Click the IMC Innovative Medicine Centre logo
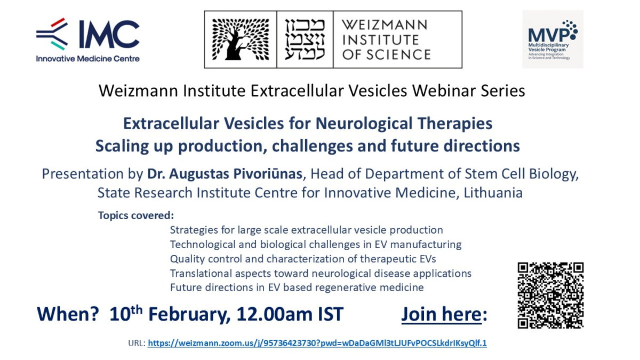click(x=87, y=40)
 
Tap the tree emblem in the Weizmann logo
click(x=241, y=39)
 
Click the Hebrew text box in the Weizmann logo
click(x=305, y=39)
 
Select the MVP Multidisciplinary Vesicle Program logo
click(x=553, y=39)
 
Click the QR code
click(x=550, y=295)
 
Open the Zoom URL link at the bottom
click(x=317, y=343)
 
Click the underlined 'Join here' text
click(x=442, y=314)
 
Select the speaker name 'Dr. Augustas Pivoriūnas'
click(x=225, y=174)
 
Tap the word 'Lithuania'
click(x=493, y=193)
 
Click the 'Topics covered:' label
click(x=136, y=215)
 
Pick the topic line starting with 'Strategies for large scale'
click(x=307, y=230)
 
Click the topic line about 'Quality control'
click(x=303, y=259)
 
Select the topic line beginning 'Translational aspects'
click(x=321, y=274)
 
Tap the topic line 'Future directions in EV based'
click(x=297, y=287)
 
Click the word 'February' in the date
click(x=189, y=315)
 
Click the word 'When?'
click(x=68, y=314)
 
